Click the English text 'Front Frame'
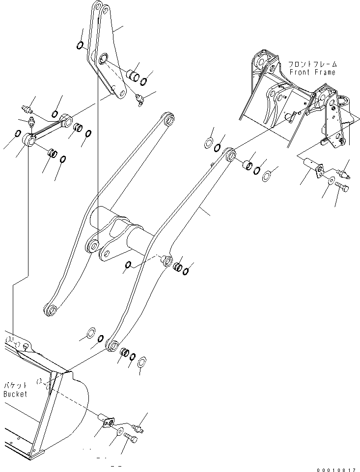(312, 72)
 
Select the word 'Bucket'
(15, 393)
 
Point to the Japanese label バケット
(15, 386)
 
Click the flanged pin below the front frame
(312, 165)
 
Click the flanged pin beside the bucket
(106, 420)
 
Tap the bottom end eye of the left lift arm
(51, 310)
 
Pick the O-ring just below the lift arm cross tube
(128, 265)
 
